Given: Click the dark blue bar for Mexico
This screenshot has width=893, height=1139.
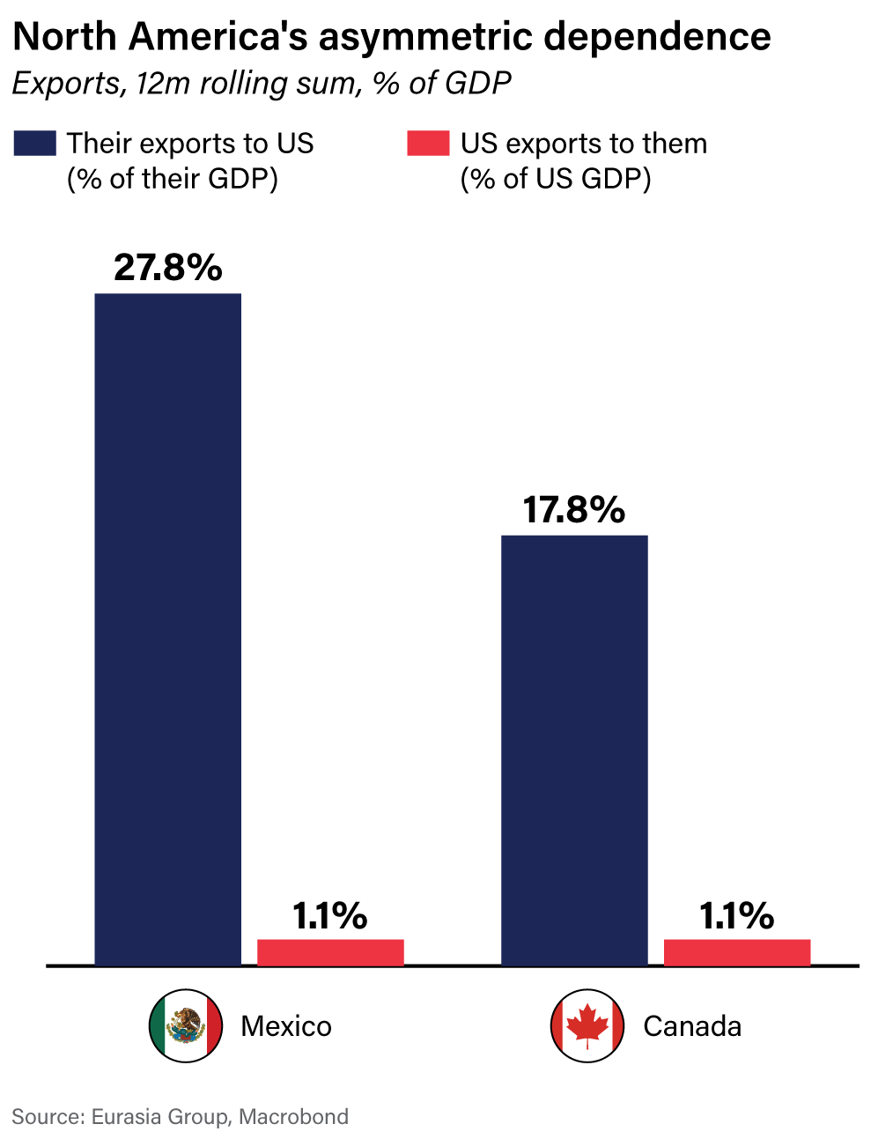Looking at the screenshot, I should tap(167, 629).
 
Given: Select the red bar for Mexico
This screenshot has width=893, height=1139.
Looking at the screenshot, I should tap(330, 952).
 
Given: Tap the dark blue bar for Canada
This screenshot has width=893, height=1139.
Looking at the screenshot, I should tap(574, 750).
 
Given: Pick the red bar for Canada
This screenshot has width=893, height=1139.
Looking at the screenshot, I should tap(737, 952).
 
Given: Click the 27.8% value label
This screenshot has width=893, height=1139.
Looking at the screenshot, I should tap(168, 267).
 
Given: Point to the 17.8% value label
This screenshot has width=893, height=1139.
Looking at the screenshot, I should tap(574, 510).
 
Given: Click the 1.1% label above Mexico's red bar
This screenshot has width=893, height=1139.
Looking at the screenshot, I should tap(330, 916).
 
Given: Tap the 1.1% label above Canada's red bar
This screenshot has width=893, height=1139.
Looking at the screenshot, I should tap(737, 916).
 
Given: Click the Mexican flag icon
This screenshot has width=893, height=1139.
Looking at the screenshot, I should tap(185, 1026).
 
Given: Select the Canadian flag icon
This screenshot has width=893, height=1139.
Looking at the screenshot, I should tap(587, 1026).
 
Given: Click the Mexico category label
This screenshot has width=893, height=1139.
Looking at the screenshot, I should tap(286, 1026).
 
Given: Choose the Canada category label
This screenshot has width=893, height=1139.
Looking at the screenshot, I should tap(692, 1026).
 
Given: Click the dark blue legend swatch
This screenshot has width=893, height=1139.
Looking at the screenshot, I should tap(35, 144).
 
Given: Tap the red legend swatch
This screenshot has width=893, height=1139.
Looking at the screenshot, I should tap(428, 144).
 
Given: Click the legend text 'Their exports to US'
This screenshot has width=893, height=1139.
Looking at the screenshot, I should tap(190, 144).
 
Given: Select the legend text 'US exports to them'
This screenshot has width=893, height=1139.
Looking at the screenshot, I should tap(584, 144).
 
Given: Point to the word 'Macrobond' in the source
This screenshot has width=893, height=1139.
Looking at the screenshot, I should tap(294, 1117).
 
